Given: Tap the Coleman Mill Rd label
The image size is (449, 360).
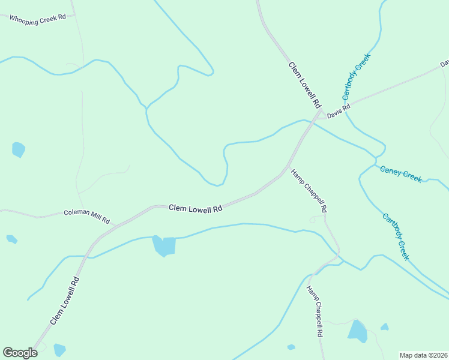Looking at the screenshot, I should pyautogui.click(x=86, y=216).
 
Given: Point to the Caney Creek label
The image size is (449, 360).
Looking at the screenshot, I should pyautogui.click(x=401, y=173).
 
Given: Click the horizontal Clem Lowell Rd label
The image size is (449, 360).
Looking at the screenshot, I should pyautogui.click(x=195, y=208).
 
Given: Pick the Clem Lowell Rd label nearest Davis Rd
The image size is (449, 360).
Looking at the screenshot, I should pyautogui.click(x=305, y=85).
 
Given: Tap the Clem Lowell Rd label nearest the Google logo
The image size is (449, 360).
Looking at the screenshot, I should pyautogui.click(x=65, y=301).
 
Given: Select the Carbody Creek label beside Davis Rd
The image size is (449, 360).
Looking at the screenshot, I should pyautogui.click(x=357, y=76).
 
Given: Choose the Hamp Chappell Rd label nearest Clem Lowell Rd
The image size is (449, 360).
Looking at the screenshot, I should pyautogui.click(x=309, y=191).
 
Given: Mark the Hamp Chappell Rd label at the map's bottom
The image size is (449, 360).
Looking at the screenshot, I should pyautogui.click(x=316, y=311).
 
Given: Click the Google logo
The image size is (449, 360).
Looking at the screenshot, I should pyautogui.click(x=20, y=353).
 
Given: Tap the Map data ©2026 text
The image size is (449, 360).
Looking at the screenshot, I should pyautogui.click(x=423, y=355).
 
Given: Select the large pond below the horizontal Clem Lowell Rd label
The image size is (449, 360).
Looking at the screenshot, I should pyautogui.click(x=164, y=245).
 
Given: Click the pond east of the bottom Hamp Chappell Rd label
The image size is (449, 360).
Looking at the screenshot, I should pyautogui.click(x=358, y=331).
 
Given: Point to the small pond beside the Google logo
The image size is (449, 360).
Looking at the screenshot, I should pyautogui.click(x=59, y=349).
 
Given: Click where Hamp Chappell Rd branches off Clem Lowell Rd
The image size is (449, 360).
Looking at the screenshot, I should pyautogui.click(x=288, y=166).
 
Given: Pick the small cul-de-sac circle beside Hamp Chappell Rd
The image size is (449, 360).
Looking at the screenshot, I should pyautogui.click(x=312, y=221).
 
